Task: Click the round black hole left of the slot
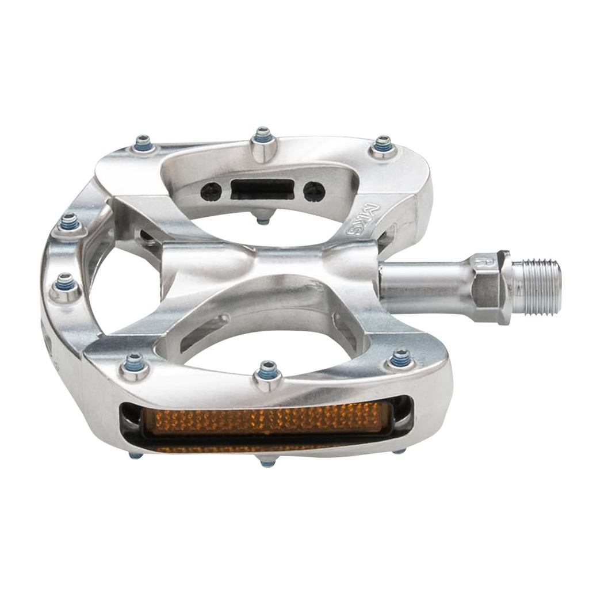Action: (x=211, y=191)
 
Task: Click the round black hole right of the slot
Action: (x=314, y=192)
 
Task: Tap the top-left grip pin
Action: (x=144, y=144)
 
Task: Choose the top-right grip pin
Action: (x=383, y=146)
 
